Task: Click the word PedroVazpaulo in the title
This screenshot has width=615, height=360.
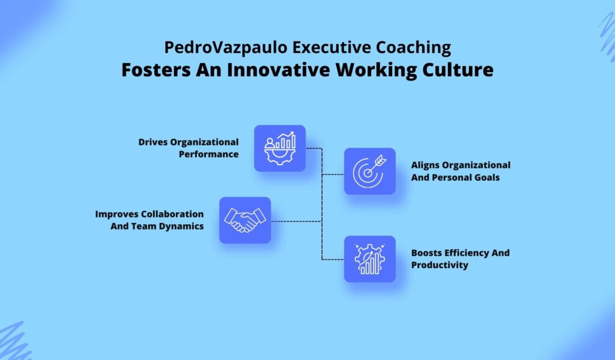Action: pyautogui.click(x=226, y=47)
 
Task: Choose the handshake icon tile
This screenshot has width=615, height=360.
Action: pyautogui.click(x=245, y=220)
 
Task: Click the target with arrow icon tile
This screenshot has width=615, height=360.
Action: pyautogui.click(x=370, y=171)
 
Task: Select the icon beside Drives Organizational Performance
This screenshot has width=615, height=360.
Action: pyautogui.click(x=280, y=148)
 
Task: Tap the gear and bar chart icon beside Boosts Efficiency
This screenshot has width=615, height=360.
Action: pyautogui.click(x=370, y=259)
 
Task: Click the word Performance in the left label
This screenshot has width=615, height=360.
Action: pyautogui.click(x=208, y=154)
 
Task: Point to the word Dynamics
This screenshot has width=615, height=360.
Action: pyautogui.click(x=181, y=227)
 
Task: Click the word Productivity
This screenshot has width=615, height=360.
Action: pyautogui.click(x=440, y=265)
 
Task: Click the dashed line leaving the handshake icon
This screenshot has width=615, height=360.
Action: pyautogui.click(x=297, y=221)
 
